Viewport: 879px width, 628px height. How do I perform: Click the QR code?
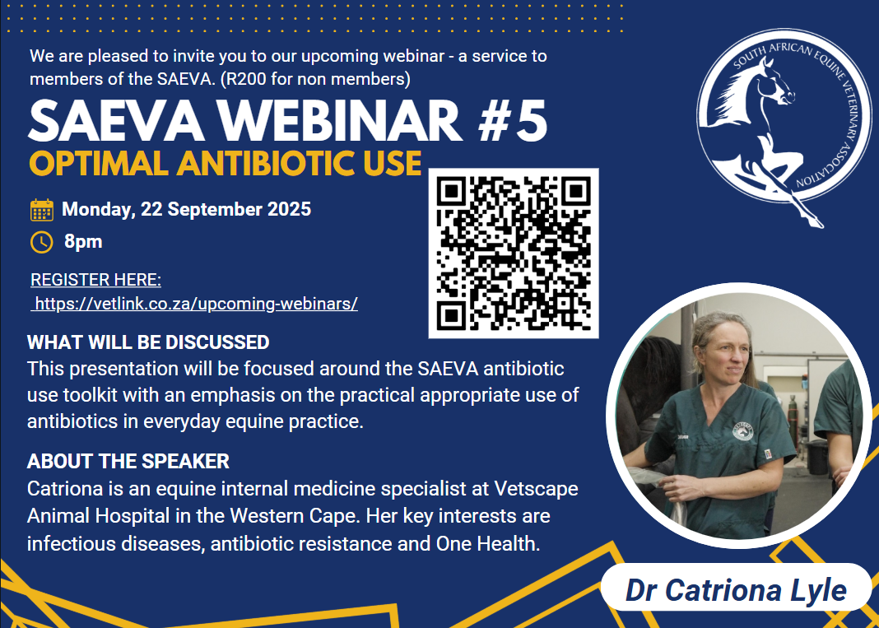coord(514,253)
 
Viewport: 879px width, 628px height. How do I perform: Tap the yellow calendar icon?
coord(42,210)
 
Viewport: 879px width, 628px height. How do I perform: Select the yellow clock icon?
coord(41,242)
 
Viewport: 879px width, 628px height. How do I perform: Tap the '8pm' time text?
coord(83,242)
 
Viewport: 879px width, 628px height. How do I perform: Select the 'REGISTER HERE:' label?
coord(95,280)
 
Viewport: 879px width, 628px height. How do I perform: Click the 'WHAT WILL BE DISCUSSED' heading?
coord(148,342)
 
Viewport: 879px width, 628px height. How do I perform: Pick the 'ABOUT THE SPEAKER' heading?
coord(128,462)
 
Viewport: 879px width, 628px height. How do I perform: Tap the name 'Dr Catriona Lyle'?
coord(736,590)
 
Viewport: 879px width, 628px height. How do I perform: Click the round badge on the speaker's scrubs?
coord(742,431)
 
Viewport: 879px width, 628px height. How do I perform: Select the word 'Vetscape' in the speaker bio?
coord(537,489)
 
